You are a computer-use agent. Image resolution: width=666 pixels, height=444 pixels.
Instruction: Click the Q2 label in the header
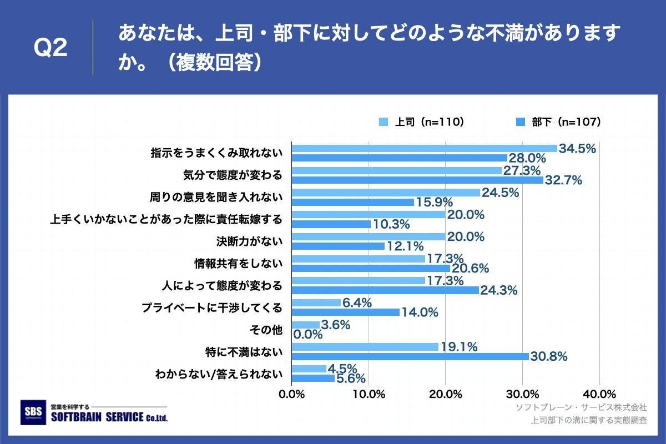pyautogui.click(x=51, y=48)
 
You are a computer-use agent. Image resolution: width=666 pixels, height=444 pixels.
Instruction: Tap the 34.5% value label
pyautogui.click(x=577, y=148)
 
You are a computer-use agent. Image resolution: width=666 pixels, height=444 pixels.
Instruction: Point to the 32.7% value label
pyautogui.click(x=563, y=180)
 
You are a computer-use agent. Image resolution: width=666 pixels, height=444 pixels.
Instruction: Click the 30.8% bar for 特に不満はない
pyautogui.click(x=410, y=356)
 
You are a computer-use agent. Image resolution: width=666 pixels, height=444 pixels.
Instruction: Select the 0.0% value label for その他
pyautogui.click(x=307, y=334)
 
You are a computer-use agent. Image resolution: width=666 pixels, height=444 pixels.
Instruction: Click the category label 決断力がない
pyautogui.click(x=249, y=241)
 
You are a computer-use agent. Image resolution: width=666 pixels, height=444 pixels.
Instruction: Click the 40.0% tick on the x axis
pyautogui.click(x=599, y=394)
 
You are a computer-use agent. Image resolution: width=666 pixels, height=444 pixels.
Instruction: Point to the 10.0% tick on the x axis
pyautogui.click(x=369, y=394)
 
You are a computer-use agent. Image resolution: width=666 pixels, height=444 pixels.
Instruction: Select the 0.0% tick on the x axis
pyautogui.click(x=292, y=394)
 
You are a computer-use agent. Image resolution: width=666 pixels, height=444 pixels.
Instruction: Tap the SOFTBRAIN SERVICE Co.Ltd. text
pyautogui.click(x=108, y=417)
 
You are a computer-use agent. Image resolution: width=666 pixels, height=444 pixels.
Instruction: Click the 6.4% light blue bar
pyautogui.click(x=316, y=302)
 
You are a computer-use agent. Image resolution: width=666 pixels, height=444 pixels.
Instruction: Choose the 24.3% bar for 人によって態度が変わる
pyautogui.click(x=385, y=290)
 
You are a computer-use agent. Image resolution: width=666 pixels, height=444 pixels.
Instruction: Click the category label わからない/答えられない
pyautogui.click(x=218, y=374)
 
